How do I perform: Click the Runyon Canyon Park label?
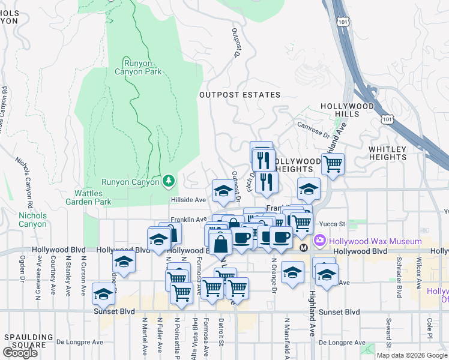coord(143,67)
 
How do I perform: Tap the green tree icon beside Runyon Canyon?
coord(169,181)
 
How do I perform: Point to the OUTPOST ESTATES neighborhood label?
coord(240,95)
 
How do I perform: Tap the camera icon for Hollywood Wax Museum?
coord(319,240)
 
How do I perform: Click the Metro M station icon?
coord(304,247)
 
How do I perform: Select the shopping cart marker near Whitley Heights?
coord(333,163)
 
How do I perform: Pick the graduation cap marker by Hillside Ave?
coord(224,191)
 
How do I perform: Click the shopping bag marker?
coord(221,244)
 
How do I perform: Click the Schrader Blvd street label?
coord(399,281)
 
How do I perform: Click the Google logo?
coord(20,353)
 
